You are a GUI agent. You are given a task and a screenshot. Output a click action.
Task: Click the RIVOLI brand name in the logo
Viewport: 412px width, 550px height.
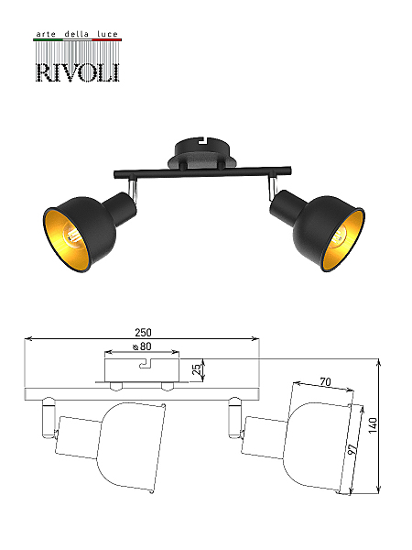(78, 72)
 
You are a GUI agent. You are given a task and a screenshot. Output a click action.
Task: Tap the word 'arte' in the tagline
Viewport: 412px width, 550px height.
(46, 34)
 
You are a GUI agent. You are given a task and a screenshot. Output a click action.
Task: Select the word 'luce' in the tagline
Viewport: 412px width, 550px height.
(107, 34)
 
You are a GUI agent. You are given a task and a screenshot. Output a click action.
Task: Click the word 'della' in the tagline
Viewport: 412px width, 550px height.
(76, 34)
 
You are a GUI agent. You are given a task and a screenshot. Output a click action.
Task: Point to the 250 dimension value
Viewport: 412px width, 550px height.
(143, 332)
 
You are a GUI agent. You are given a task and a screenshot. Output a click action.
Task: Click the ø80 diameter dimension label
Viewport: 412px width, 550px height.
(142, 346)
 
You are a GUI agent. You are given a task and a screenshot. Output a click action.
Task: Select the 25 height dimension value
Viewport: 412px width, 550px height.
(197, 369)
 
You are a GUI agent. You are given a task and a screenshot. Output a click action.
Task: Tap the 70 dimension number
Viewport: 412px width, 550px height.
(325, 381)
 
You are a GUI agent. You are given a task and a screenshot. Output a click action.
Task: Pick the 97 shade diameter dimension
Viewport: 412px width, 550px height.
(353, 448)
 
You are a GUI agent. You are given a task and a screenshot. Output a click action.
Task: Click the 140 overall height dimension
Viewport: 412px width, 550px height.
(374, 425)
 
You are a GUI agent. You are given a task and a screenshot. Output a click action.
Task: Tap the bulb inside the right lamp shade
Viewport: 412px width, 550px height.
(338, 237)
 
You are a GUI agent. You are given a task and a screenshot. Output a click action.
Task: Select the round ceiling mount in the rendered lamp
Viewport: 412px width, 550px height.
(202, 154)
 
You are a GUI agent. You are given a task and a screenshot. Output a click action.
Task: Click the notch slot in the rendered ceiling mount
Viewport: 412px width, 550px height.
(202, 140)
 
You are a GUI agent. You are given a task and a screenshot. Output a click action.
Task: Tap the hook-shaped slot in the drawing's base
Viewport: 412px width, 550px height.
(147, 363)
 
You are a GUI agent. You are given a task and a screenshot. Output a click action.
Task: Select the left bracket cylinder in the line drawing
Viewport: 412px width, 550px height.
(48, 417)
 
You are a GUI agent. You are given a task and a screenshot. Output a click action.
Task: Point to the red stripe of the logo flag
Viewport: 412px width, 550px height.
(106, 40)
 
